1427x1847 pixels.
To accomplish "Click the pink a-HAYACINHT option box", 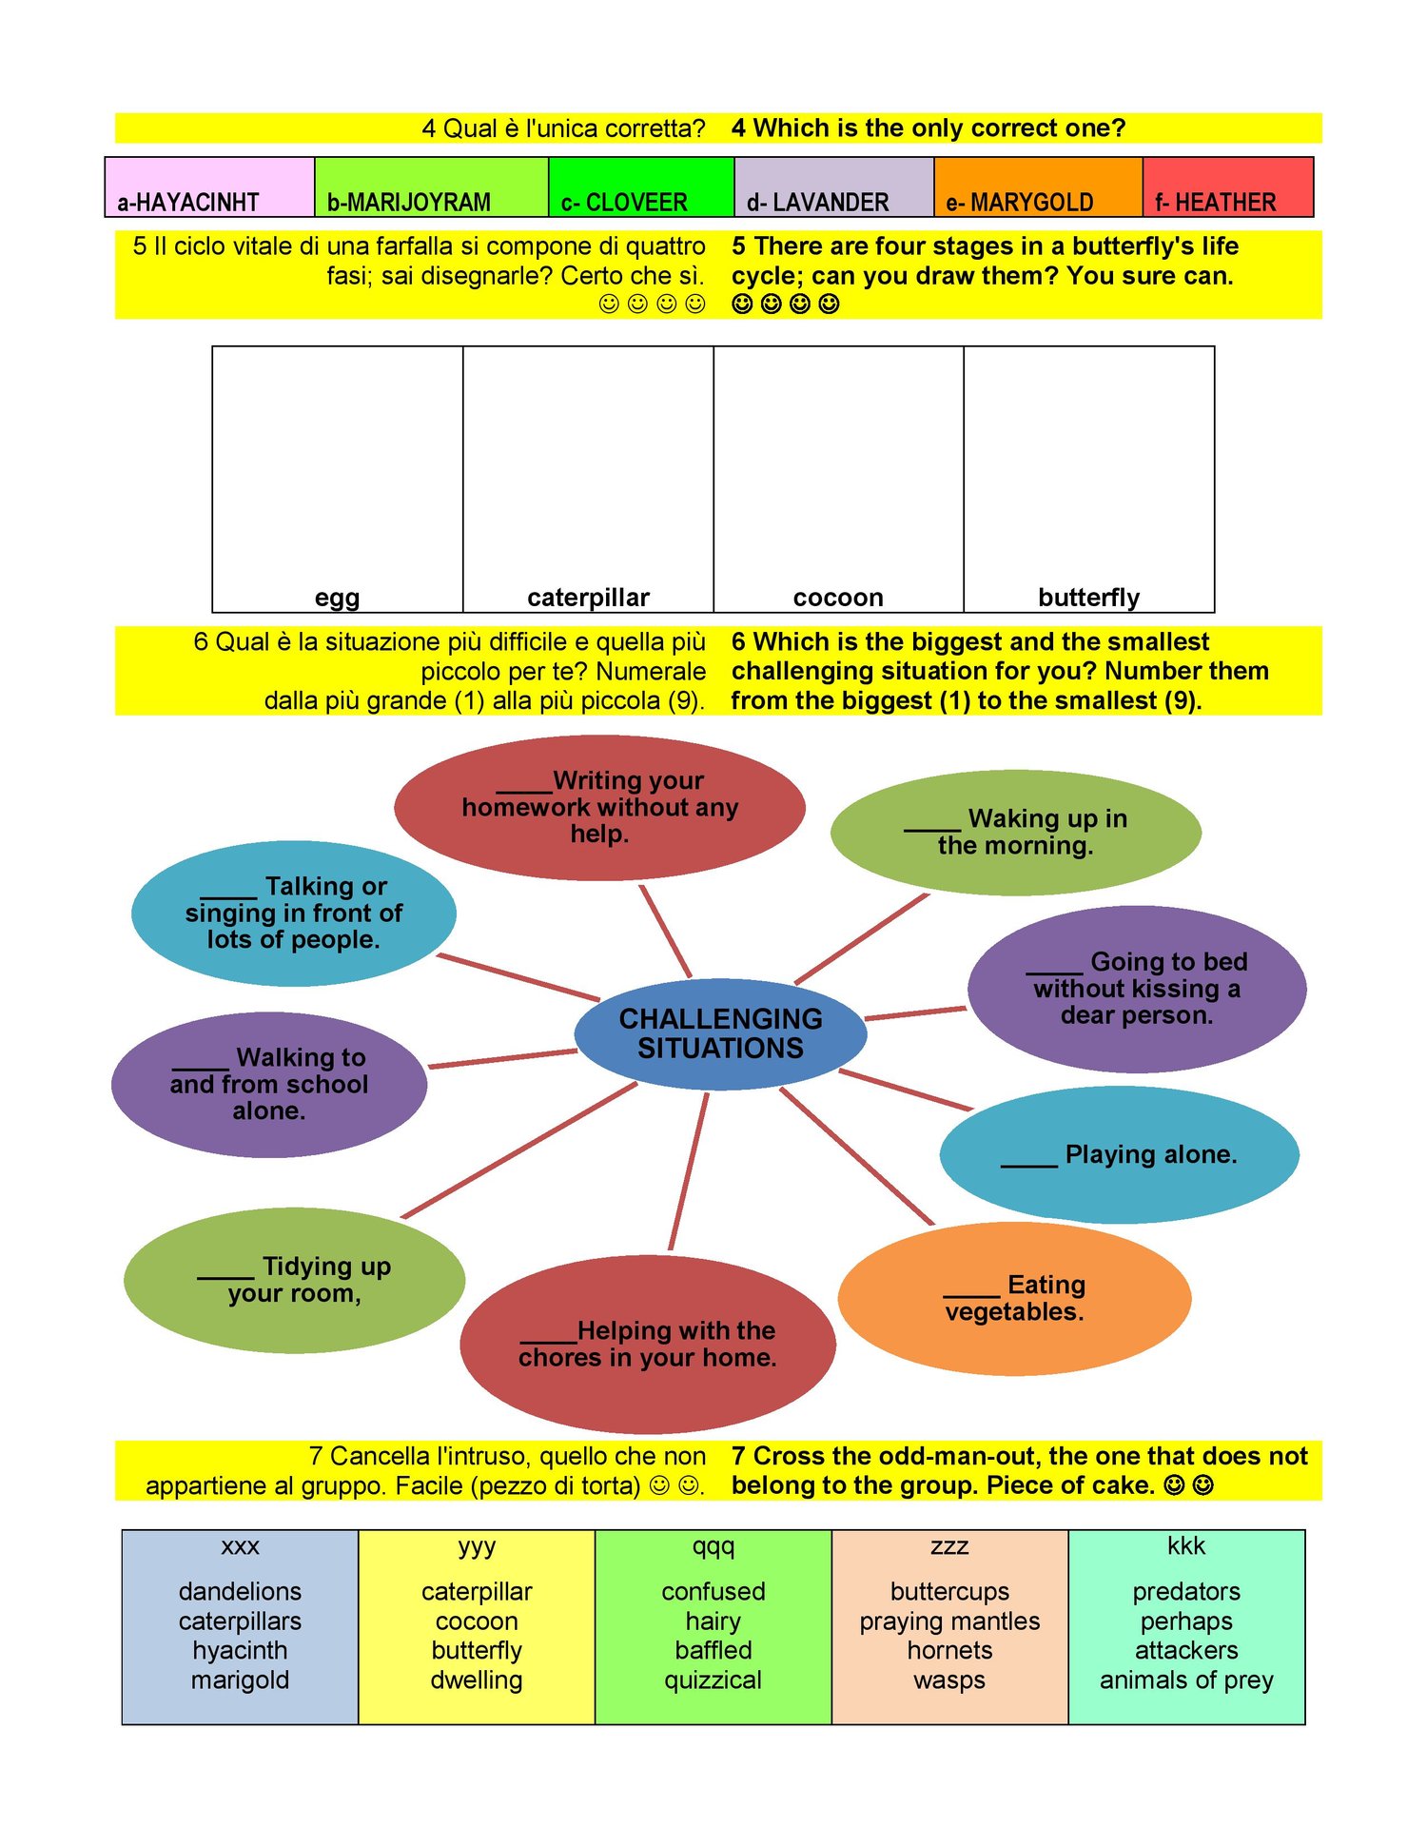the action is pyautogui.click(x=209, y=187).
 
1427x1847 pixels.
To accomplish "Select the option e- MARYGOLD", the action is pyautogui.click(x=1038, y=187).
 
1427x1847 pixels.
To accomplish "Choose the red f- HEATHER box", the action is pyautogui.click(x=1228, y=187).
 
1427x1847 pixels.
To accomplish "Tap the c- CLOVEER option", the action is pyautogui.click(x=641, y=187).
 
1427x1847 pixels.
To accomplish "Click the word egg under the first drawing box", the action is pyautogui.click(x=338, y=599).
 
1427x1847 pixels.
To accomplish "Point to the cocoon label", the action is pyautogui.click(x=838, y=598).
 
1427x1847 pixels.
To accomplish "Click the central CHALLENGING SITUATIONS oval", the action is pyautogui.click(x=720, y=1033).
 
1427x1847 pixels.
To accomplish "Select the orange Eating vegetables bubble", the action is pyautogui.click(x=1014, y=1299).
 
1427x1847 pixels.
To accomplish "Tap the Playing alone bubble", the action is pyautogui.click(x=1120, y=1154).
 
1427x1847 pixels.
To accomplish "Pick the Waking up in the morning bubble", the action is pyautogui.click(x=1016, y=833).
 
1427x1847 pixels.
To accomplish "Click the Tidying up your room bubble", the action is pyautogui.click(x=295, y=1280).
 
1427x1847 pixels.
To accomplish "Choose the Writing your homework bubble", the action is pyautogui.click(x=599, y=807).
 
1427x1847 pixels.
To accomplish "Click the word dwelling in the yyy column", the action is pyautogui.click(x=477, y=1680).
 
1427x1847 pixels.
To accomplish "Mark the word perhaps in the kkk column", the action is pyautogui.click(x=1186, y=1621).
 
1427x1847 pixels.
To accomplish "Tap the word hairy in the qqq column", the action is pyautogui.click(x=713, y=1621).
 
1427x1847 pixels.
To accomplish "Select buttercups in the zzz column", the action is pyautogui.click(x=949, y=1591).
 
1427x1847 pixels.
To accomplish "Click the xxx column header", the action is pyautogui.click(x=240, y=1546).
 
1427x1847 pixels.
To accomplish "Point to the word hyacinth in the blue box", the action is pyautogui.click(x=240, y=1651).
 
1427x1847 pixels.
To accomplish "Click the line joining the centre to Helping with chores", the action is pyautogui.click(x=690, y=1171).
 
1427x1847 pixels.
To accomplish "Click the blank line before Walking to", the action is pyautogui.click(x=201, y=1069).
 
